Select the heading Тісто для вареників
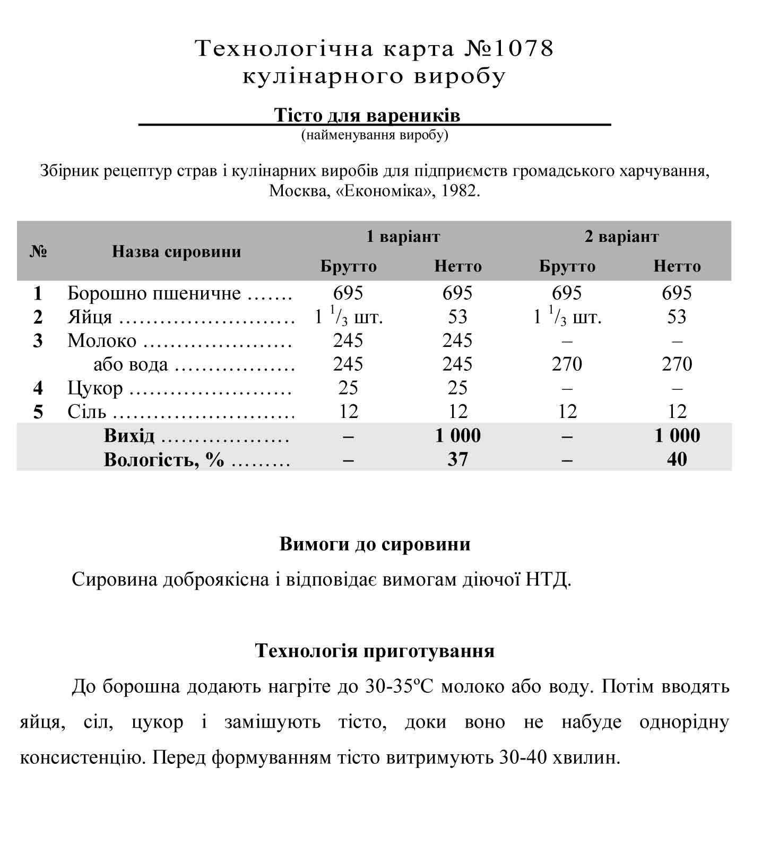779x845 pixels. (367, 115)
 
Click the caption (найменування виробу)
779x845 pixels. (375, 135)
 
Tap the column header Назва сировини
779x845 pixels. (176, 251)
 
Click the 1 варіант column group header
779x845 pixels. (403, 236)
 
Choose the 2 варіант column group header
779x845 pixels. (621, 236)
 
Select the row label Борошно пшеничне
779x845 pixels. (154, 293)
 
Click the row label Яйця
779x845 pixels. (90, 317)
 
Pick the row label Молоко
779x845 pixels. (102, 341)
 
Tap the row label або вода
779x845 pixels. (131, 364)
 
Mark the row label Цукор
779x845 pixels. (95, 388)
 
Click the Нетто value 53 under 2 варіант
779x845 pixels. (677, 317)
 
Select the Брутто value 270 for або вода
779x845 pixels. (567, 364)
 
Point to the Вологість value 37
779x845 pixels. (457, 459)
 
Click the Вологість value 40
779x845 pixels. (677, 459)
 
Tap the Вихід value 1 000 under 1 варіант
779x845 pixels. (457, 435)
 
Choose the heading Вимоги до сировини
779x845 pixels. (375, 544)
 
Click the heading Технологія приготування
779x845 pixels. (375, 650)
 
